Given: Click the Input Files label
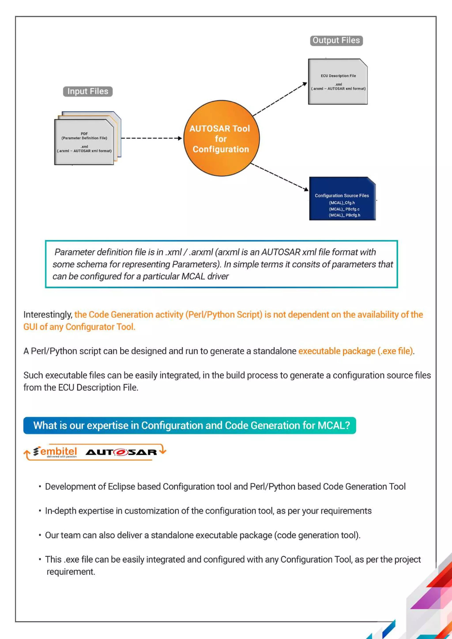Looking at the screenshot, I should coord(88,91).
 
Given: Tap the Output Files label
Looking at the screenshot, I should coord(336,41).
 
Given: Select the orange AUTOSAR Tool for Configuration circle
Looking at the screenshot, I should coord(221,138).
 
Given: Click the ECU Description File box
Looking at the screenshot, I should coord(338,82).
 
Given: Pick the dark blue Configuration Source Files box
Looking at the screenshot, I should coord(342,199).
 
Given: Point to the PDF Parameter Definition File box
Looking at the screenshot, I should coord(84,142).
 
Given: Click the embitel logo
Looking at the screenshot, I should coord(56,452).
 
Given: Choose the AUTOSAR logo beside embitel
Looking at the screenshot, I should coord(121,452).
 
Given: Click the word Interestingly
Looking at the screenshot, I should coord(48,315).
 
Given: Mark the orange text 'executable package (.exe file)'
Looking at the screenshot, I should coord(355,351).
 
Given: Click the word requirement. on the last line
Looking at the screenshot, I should coord(71,572).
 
